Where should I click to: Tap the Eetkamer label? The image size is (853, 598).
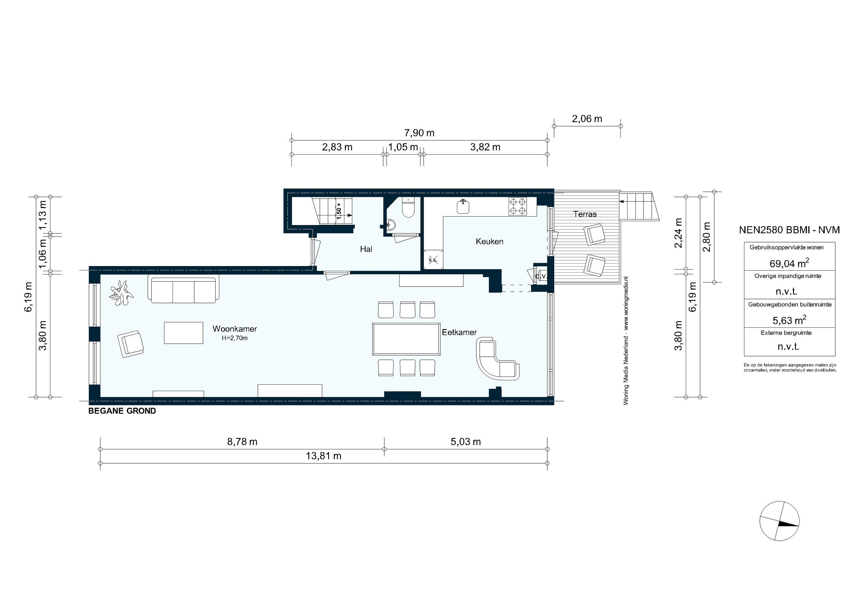coord(459,333)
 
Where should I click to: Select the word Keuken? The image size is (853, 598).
coord(489,241)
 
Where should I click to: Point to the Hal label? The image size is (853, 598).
coord(366,249)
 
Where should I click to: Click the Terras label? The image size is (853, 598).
coord(585,214)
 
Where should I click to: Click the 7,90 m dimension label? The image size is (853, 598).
coord(419,133)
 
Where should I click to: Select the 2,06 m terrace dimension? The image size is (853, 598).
coord(587,119)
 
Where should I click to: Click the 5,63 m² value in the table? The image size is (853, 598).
coord(789,320)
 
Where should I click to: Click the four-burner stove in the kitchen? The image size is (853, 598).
coord(517,207)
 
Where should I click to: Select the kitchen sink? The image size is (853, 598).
coord(463,207)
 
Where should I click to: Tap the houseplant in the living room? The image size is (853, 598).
coord(121,293)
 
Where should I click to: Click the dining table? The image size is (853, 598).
coord(406,339)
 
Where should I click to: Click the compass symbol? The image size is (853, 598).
coord(779,521)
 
